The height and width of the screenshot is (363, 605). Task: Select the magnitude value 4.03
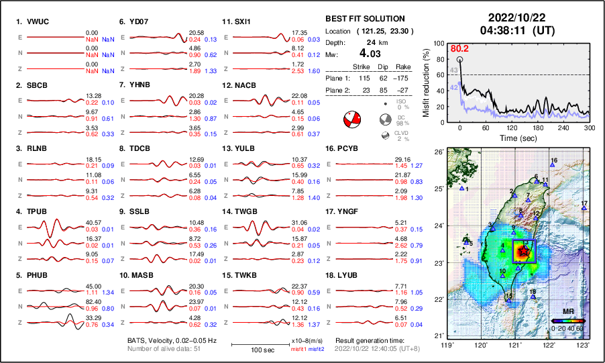[371, 53]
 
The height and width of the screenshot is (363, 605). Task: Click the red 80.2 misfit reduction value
[459, 49]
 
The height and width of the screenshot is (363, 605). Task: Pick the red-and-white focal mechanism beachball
[351, 121]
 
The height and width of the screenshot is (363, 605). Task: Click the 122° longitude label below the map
[549, 344]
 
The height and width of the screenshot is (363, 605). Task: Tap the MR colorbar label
[567, 313]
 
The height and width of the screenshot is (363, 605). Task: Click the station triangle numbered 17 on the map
[584, 209]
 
